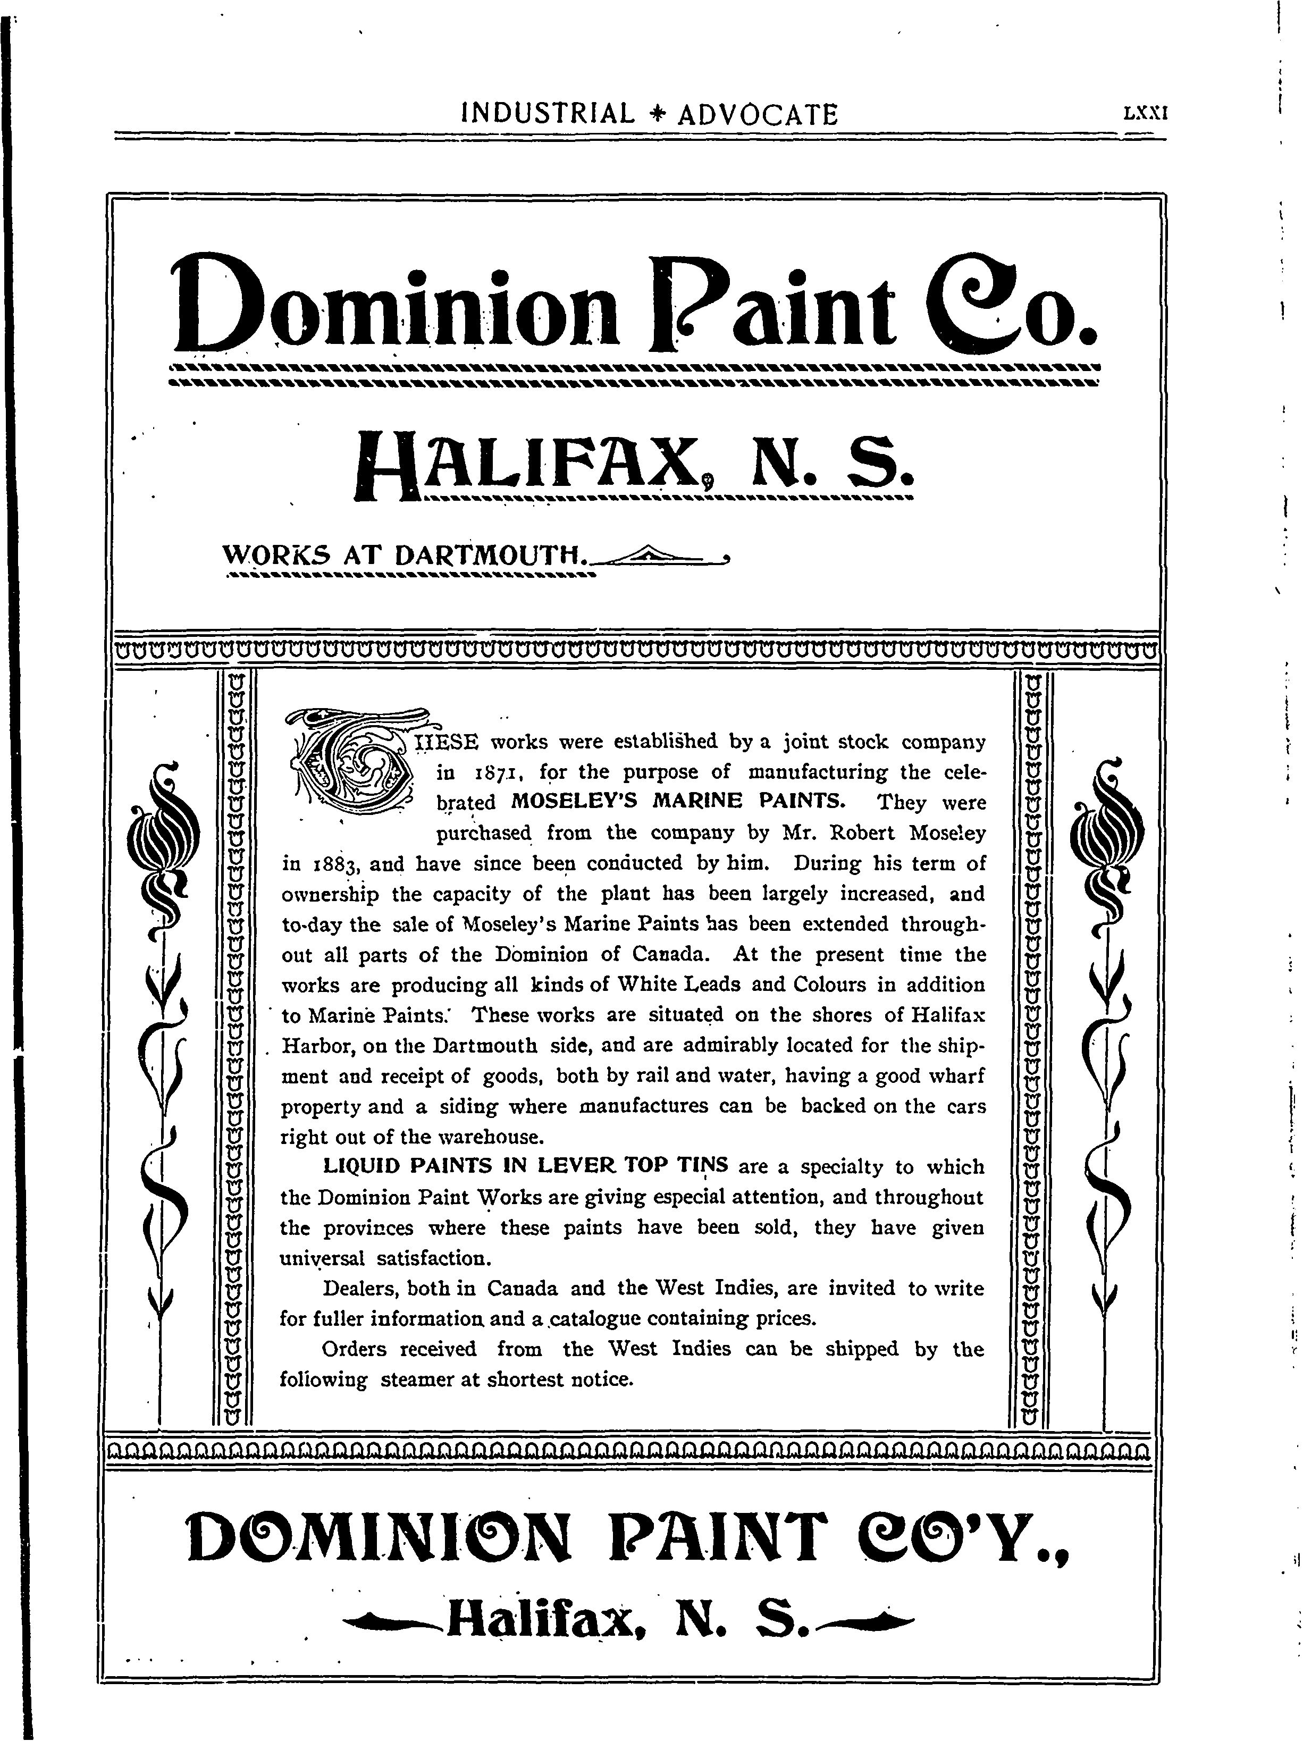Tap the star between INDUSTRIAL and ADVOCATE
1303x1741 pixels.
[656, 115]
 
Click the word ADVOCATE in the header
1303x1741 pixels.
[758, 115]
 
